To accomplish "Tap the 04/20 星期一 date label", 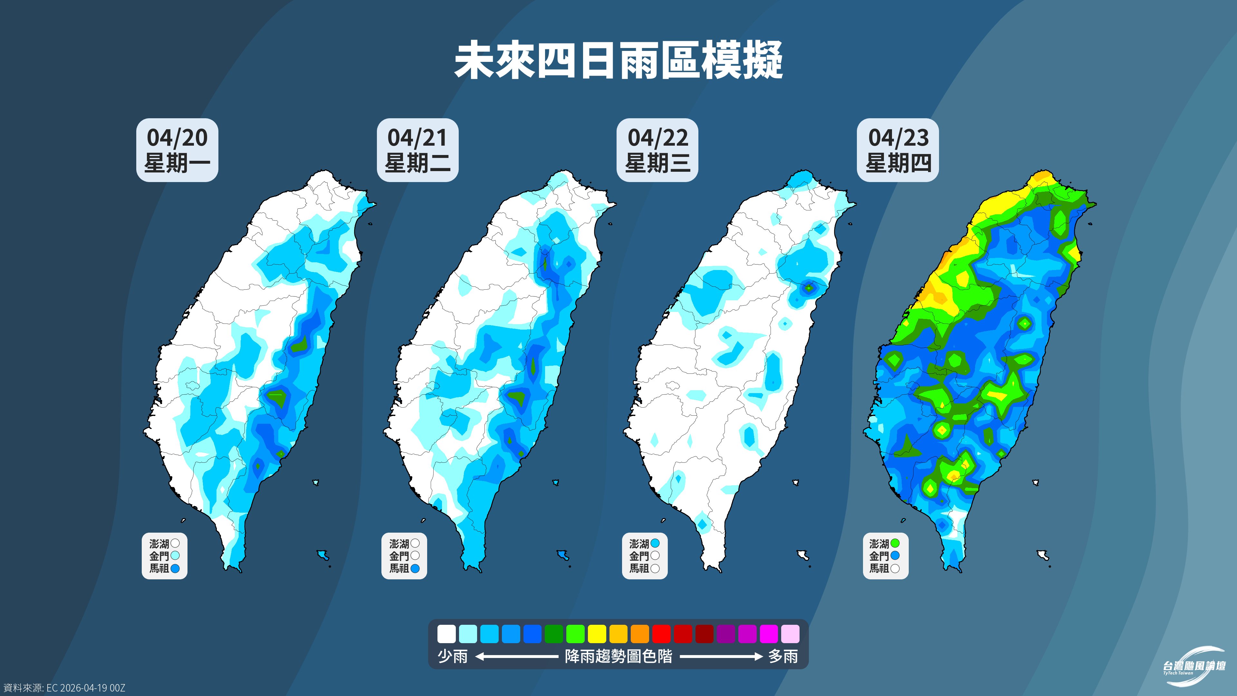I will pos(177,150).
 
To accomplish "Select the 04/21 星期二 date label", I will pos(417,150).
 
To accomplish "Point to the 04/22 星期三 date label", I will pos(657,150).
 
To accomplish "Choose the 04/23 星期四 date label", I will pos(898,150).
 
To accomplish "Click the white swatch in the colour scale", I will pos(446,633).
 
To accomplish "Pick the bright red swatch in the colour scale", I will pos(661,633).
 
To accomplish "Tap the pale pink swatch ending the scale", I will pos(790,633).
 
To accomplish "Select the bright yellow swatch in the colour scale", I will pos(597,633).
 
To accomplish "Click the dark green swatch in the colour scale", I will pos(554,633).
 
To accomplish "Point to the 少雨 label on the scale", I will pos(452,656).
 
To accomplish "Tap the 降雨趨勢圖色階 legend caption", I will pos(618,656).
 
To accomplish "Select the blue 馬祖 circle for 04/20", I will pos(175,568).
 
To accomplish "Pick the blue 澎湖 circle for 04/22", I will pos(655,543).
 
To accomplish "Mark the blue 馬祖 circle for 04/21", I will pos(415,568).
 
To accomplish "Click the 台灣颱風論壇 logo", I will pos(1194,667).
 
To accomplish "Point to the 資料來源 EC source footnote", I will pos(64,688).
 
